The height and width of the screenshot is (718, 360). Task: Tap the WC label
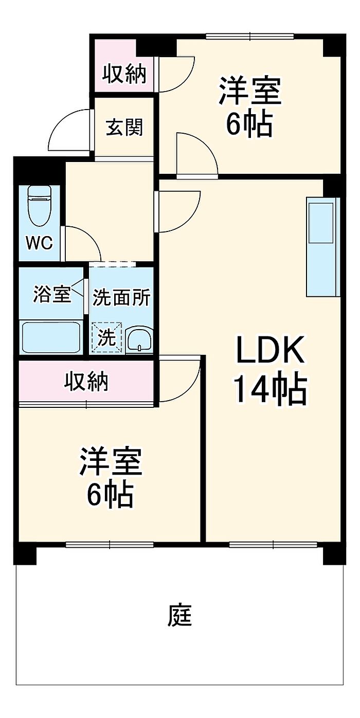pyautogui.click(x=40, y=243)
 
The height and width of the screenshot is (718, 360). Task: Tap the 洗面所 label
pyautogui.click(x=121, y=298)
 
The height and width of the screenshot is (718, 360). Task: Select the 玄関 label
pyautogui.click(x=124, y=127)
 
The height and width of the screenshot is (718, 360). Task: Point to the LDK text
pyautogui.click(x=270, y=352)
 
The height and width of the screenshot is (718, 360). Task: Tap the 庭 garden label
pyautogui.click(x=179, y=616)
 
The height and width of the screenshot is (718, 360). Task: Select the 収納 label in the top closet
pyautogui.click(x=124, y=75)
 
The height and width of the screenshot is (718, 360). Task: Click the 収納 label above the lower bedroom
pyautogui.click(x=86, y=382)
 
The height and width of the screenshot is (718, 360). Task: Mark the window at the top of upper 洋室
pyautogui.click(x=250, y=36)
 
